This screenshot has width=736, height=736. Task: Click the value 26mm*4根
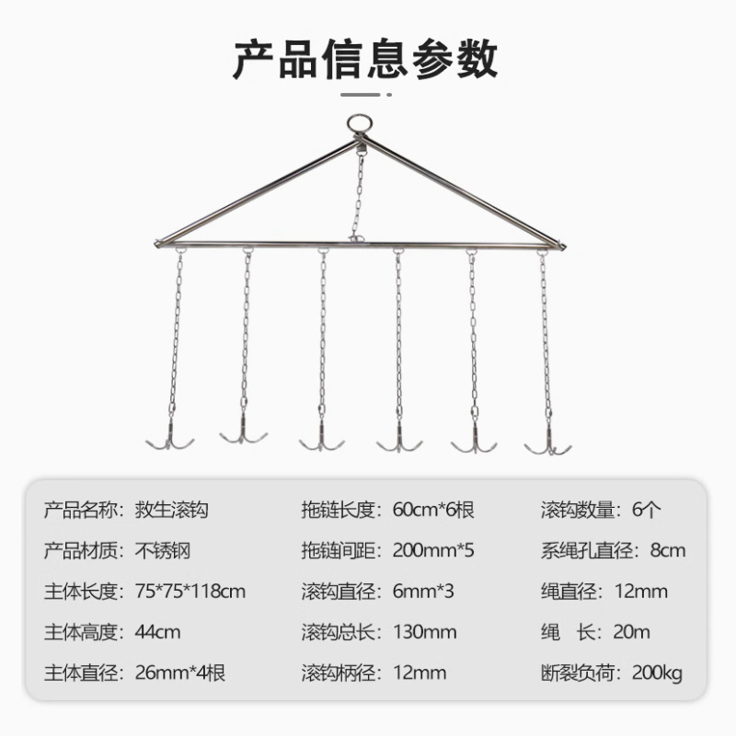click(180, 673)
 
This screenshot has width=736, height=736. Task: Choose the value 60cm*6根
click(432, 509)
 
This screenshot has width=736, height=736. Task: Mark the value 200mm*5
click(432, 550)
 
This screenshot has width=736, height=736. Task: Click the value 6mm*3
click(423, 592)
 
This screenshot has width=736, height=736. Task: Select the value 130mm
click(425, 632)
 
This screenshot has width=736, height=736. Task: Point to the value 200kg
click(657, 673)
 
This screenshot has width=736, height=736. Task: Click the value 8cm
click(666, 550)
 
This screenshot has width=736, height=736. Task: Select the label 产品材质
click(82, 550)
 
